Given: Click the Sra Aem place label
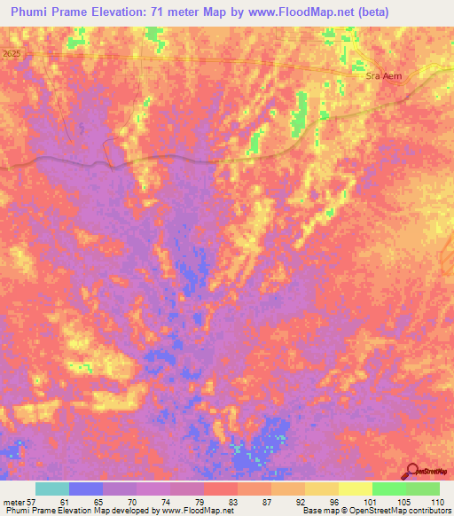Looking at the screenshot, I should [x=384, y=76].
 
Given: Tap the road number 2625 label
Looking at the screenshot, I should [x=11, y=54].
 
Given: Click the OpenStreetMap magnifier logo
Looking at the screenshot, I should [x=411, y=471].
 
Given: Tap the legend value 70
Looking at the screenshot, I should [x=130, y=502].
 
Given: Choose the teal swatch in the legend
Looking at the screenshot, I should [x=51, y=489].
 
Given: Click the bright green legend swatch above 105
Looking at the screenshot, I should [x=388, y=489].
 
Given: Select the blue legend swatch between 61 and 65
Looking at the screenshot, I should [x=85, y=489].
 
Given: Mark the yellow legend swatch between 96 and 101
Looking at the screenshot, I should [x=355, y=489].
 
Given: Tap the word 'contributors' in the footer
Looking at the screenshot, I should [x=428, y=511].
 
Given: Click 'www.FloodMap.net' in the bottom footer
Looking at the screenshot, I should [x=190, y=511].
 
